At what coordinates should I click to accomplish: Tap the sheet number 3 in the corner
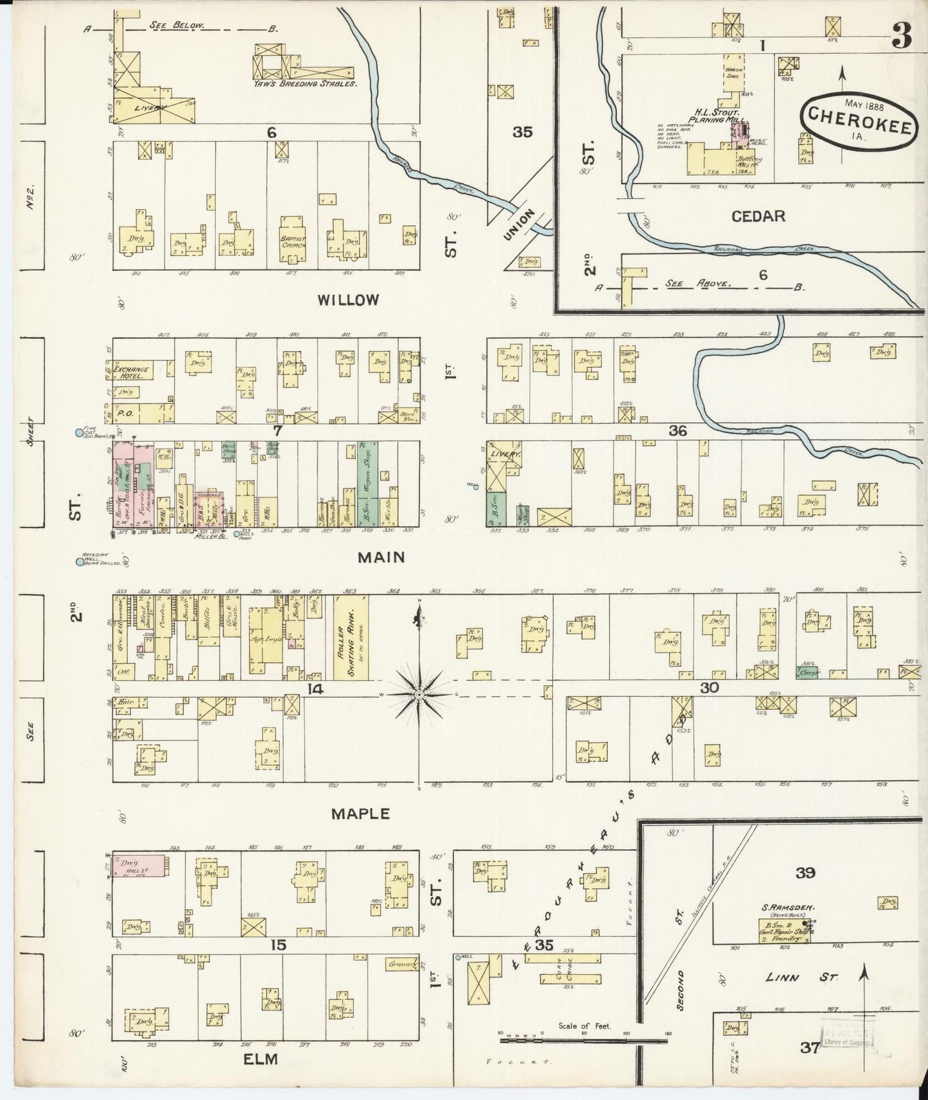[x=902, y=38]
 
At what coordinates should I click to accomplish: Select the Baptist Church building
[x=293, y=241]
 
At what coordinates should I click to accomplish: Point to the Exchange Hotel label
[x=132, y=373]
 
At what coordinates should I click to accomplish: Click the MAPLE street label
[x=360, y=814]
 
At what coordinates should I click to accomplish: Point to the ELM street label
[x=261, y=1059]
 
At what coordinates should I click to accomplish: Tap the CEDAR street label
[x=758, y=216]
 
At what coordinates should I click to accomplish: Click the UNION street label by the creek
[x=520, y=224]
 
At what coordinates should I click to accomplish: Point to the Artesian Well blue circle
[x=80, y=562]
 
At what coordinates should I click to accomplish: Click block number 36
[x=678, y=431]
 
